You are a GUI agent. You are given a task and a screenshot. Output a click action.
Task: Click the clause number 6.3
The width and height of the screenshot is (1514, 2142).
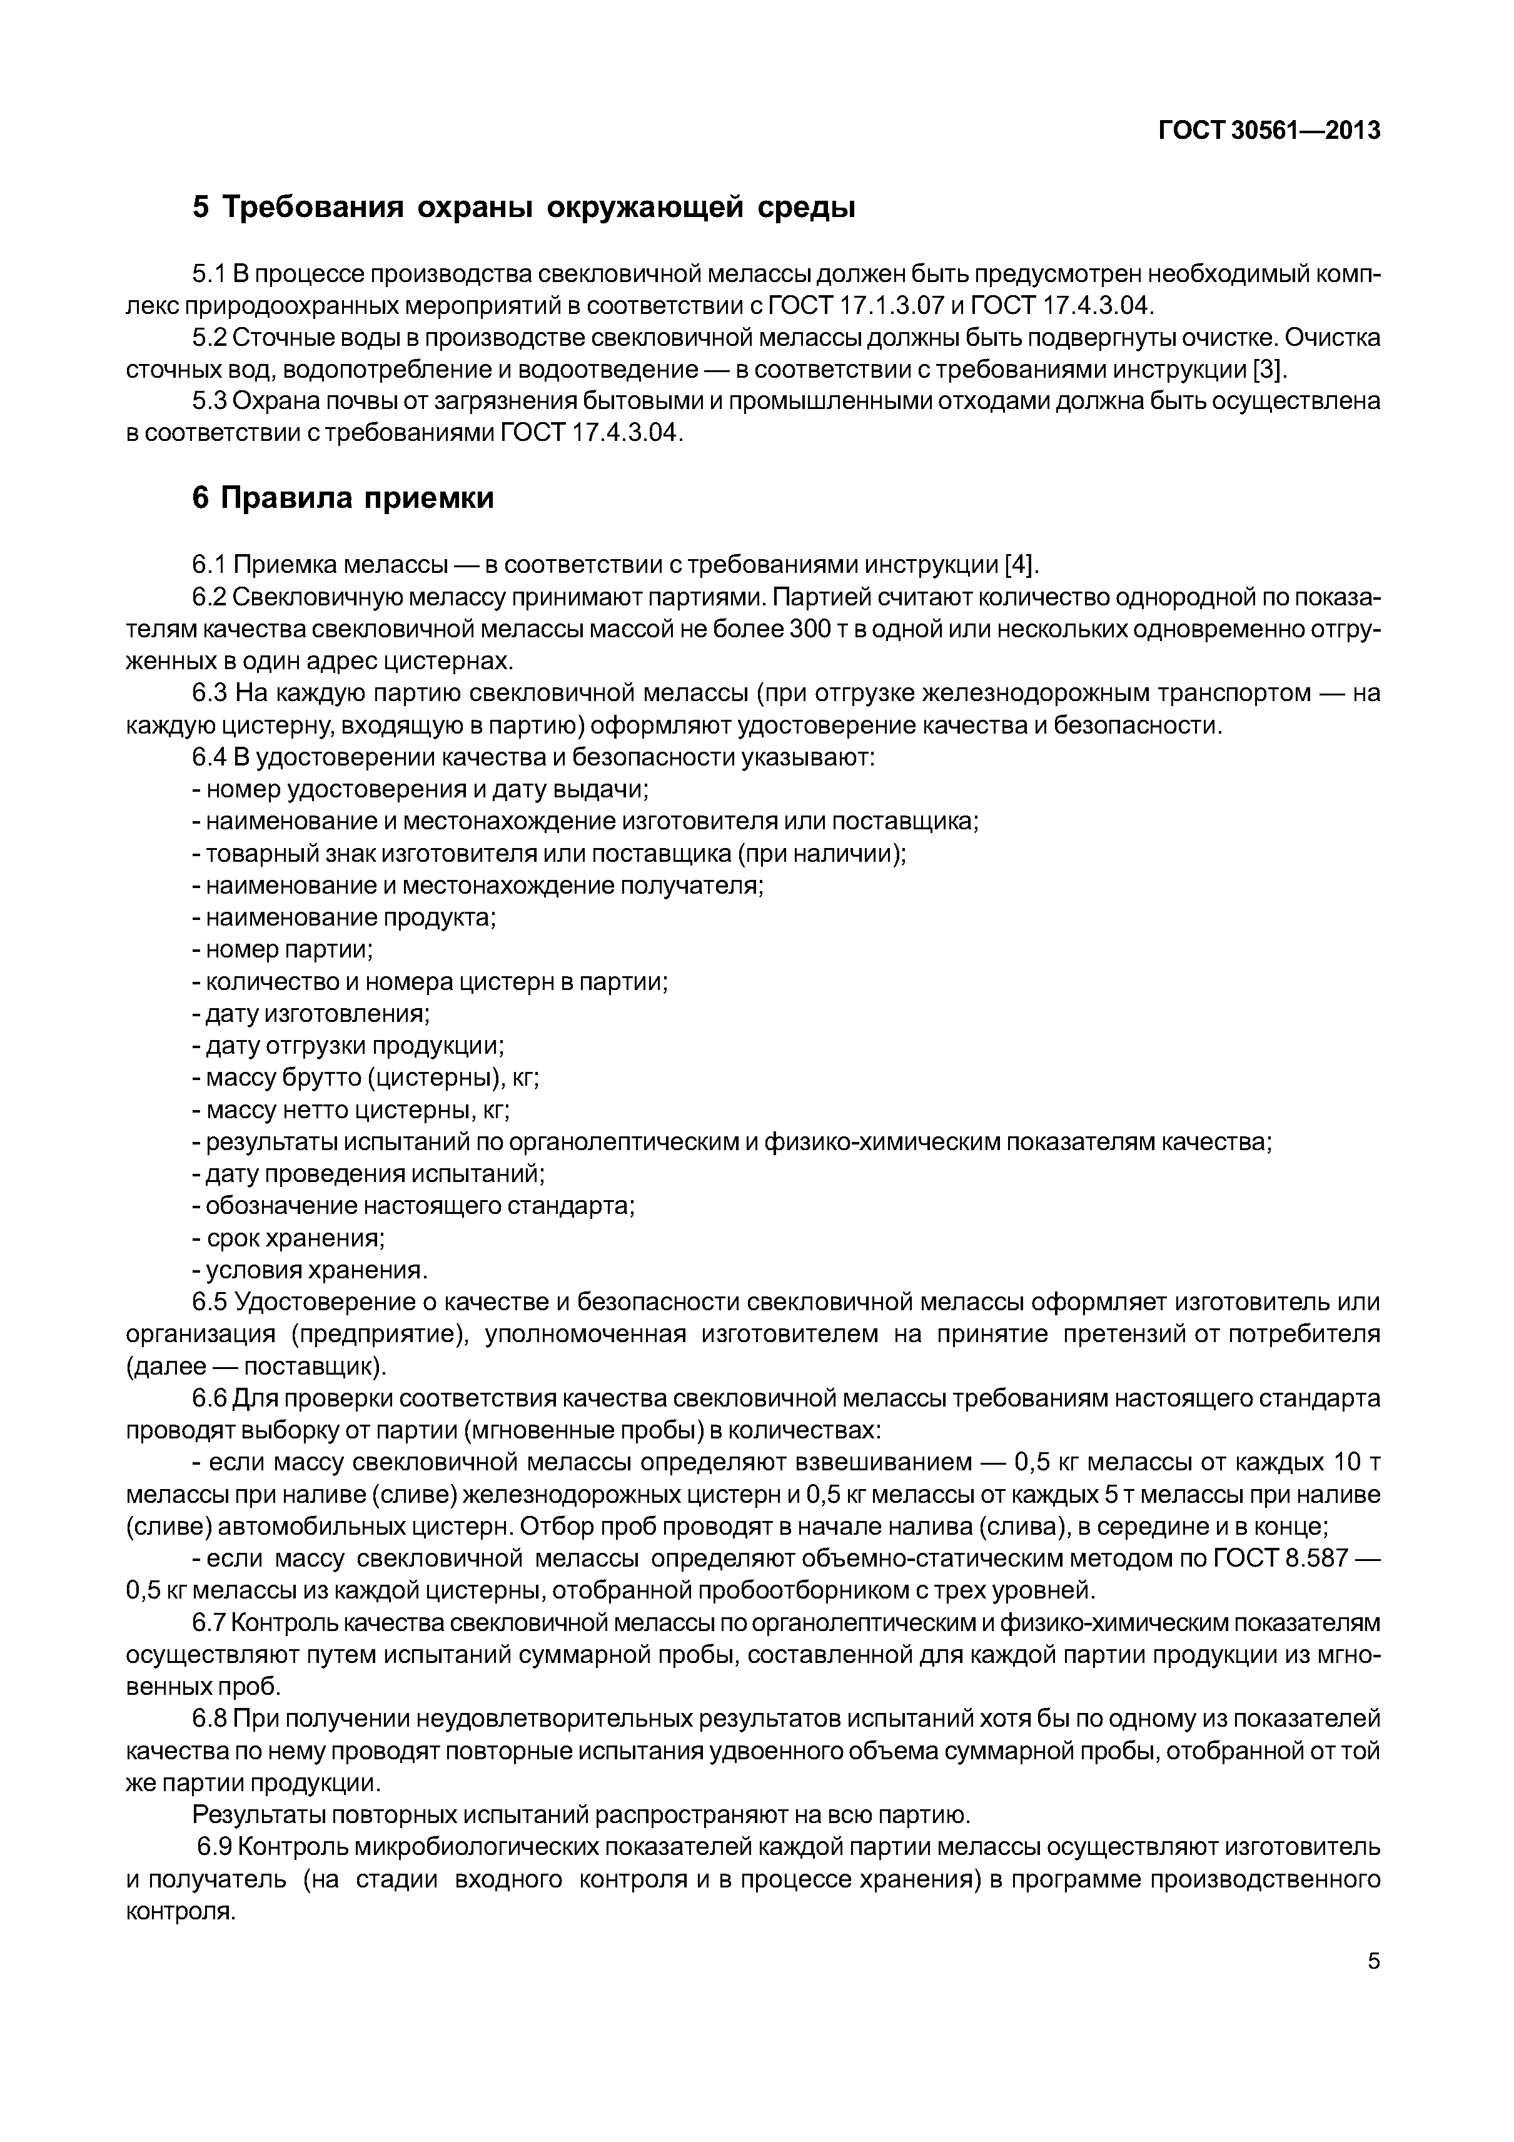210,693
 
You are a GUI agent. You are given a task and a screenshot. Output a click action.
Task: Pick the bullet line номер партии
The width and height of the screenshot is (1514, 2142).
283,949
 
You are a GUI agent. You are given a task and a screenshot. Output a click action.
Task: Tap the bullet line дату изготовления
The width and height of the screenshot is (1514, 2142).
311,1013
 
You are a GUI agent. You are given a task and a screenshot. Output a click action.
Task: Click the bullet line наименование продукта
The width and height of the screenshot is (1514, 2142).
344,917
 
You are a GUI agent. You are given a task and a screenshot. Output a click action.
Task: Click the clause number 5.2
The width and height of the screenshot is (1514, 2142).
210,338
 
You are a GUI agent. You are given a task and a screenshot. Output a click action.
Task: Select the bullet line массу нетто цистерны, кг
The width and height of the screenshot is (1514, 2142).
351,1110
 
